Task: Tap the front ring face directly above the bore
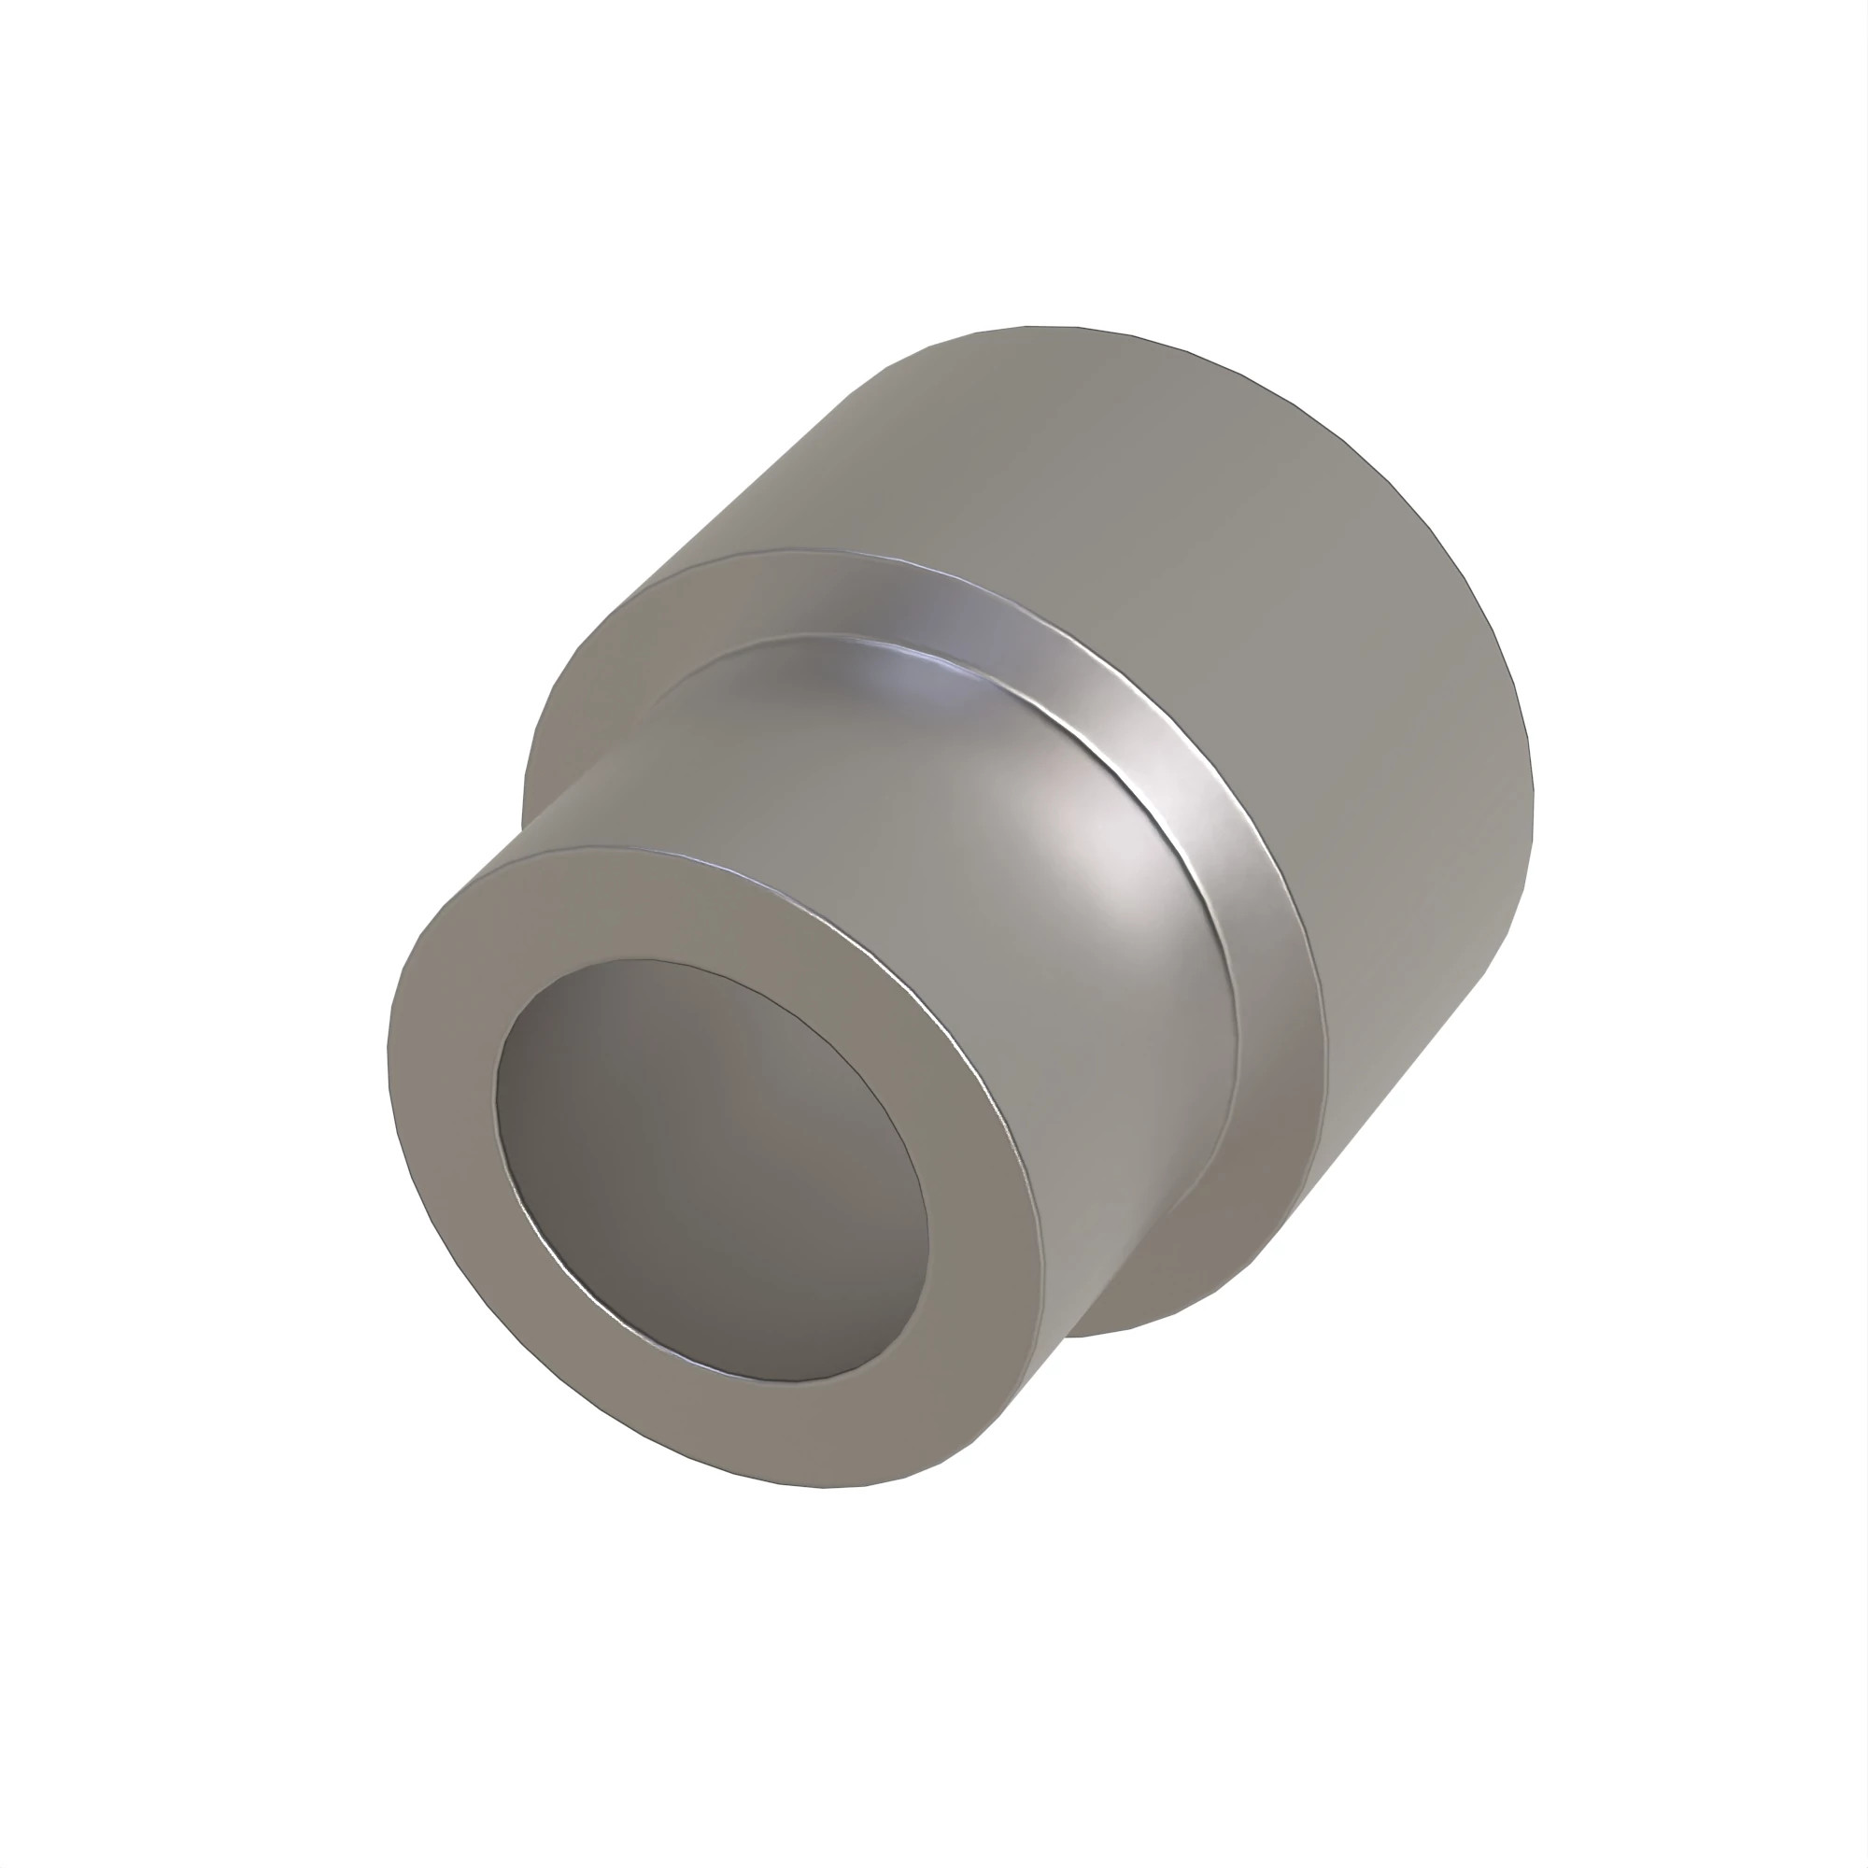click(x=677, y=904)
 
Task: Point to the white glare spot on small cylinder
click(x=1111, y=851)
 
